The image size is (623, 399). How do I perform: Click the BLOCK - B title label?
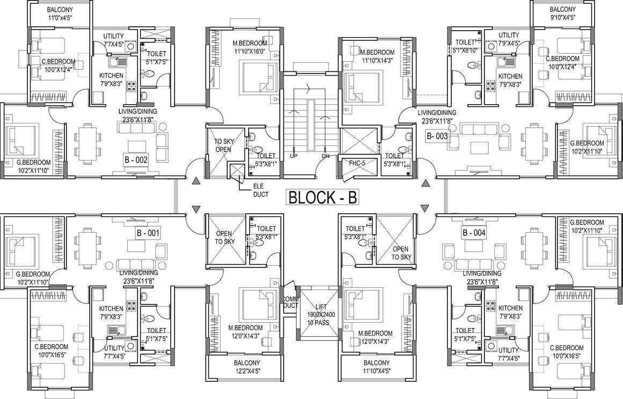[323, 198]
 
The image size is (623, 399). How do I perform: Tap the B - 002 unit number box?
[136, 160]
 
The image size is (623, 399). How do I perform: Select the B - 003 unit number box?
[437, 136]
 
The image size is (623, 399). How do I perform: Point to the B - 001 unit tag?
[148, 233]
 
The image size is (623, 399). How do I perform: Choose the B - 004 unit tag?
[474, 233]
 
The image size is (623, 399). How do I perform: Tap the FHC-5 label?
[357, 163]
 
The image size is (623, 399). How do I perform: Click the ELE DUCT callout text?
[260, 190]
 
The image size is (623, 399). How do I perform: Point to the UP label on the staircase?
[294, 156]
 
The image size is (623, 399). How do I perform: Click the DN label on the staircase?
[325, 156]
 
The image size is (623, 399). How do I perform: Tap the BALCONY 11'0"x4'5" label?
[60, 13]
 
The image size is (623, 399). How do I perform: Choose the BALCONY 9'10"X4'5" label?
[563, 13]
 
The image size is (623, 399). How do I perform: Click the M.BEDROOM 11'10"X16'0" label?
[250, 47]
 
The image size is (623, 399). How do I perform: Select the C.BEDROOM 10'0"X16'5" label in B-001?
[53, 351]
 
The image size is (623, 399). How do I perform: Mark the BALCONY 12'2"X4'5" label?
[247, 366]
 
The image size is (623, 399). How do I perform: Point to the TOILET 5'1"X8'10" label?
[465, 46]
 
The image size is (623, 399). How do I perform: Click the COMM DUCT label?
[291, 302]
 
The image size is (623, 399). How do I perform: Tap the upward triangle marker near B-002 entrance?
[194, 182]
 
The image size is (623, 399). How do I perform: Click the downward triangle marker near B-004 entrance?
[425, 208]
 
